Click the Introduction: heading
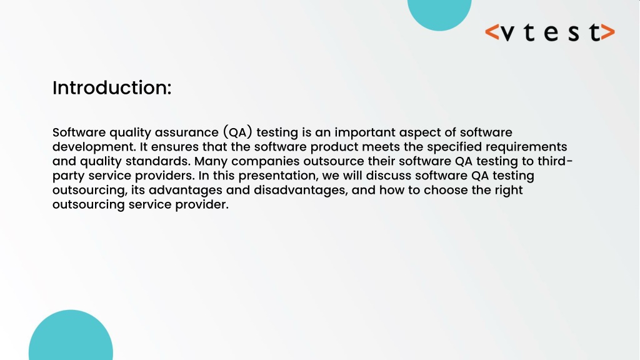(112, 87)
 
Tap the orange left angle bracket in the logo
(492, 32)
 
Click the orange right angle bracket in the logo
(607, 32)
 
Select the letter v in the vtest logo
(507, 33)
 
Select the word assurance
(186, 132)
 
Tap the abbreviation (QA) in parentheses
(238, 132)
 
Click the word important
(365, 133)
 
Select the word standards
(157, 161)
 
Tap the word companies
(265, 162)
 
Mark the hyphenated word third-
(555, 161)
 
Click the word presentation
(278, 176)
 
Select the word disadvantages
(299, 191)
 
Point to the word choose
(445, 190)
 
